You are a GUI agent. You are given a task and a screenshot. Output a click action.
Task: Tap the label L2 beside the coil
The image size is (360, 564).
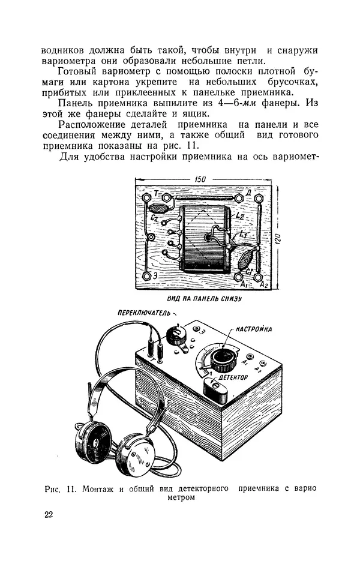click(239, 214)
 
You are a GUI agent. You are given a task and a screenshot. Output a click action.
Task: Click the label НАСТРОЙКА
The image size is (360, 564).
click(254, 329)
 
